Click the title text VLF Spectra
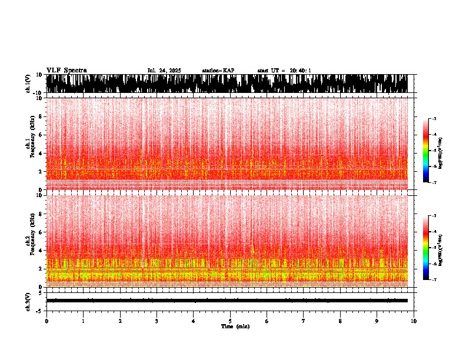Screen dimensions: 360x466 pos(66,71)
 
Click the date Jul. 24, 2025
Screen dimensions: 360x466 pos(164,71)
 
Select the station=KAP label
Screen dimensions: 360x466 pos(218,71)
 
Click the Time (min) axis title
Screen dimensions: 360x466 pos(235,326)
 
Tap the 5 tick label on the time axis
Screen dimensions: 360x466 pos(230,321)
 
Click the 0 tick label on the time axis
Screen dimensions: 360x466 pos(46,321)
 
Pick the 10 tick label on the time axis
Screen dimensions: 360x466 pos(414,321)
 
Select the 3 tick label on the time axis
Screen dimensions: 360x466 pos(157,321)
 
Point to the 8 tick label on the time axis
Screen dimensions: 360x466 pos(340,321)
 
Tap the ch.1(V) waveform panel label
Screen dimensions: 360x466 pos(28,84)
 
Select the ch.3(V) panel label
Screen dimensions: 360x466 pos(28,301)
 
